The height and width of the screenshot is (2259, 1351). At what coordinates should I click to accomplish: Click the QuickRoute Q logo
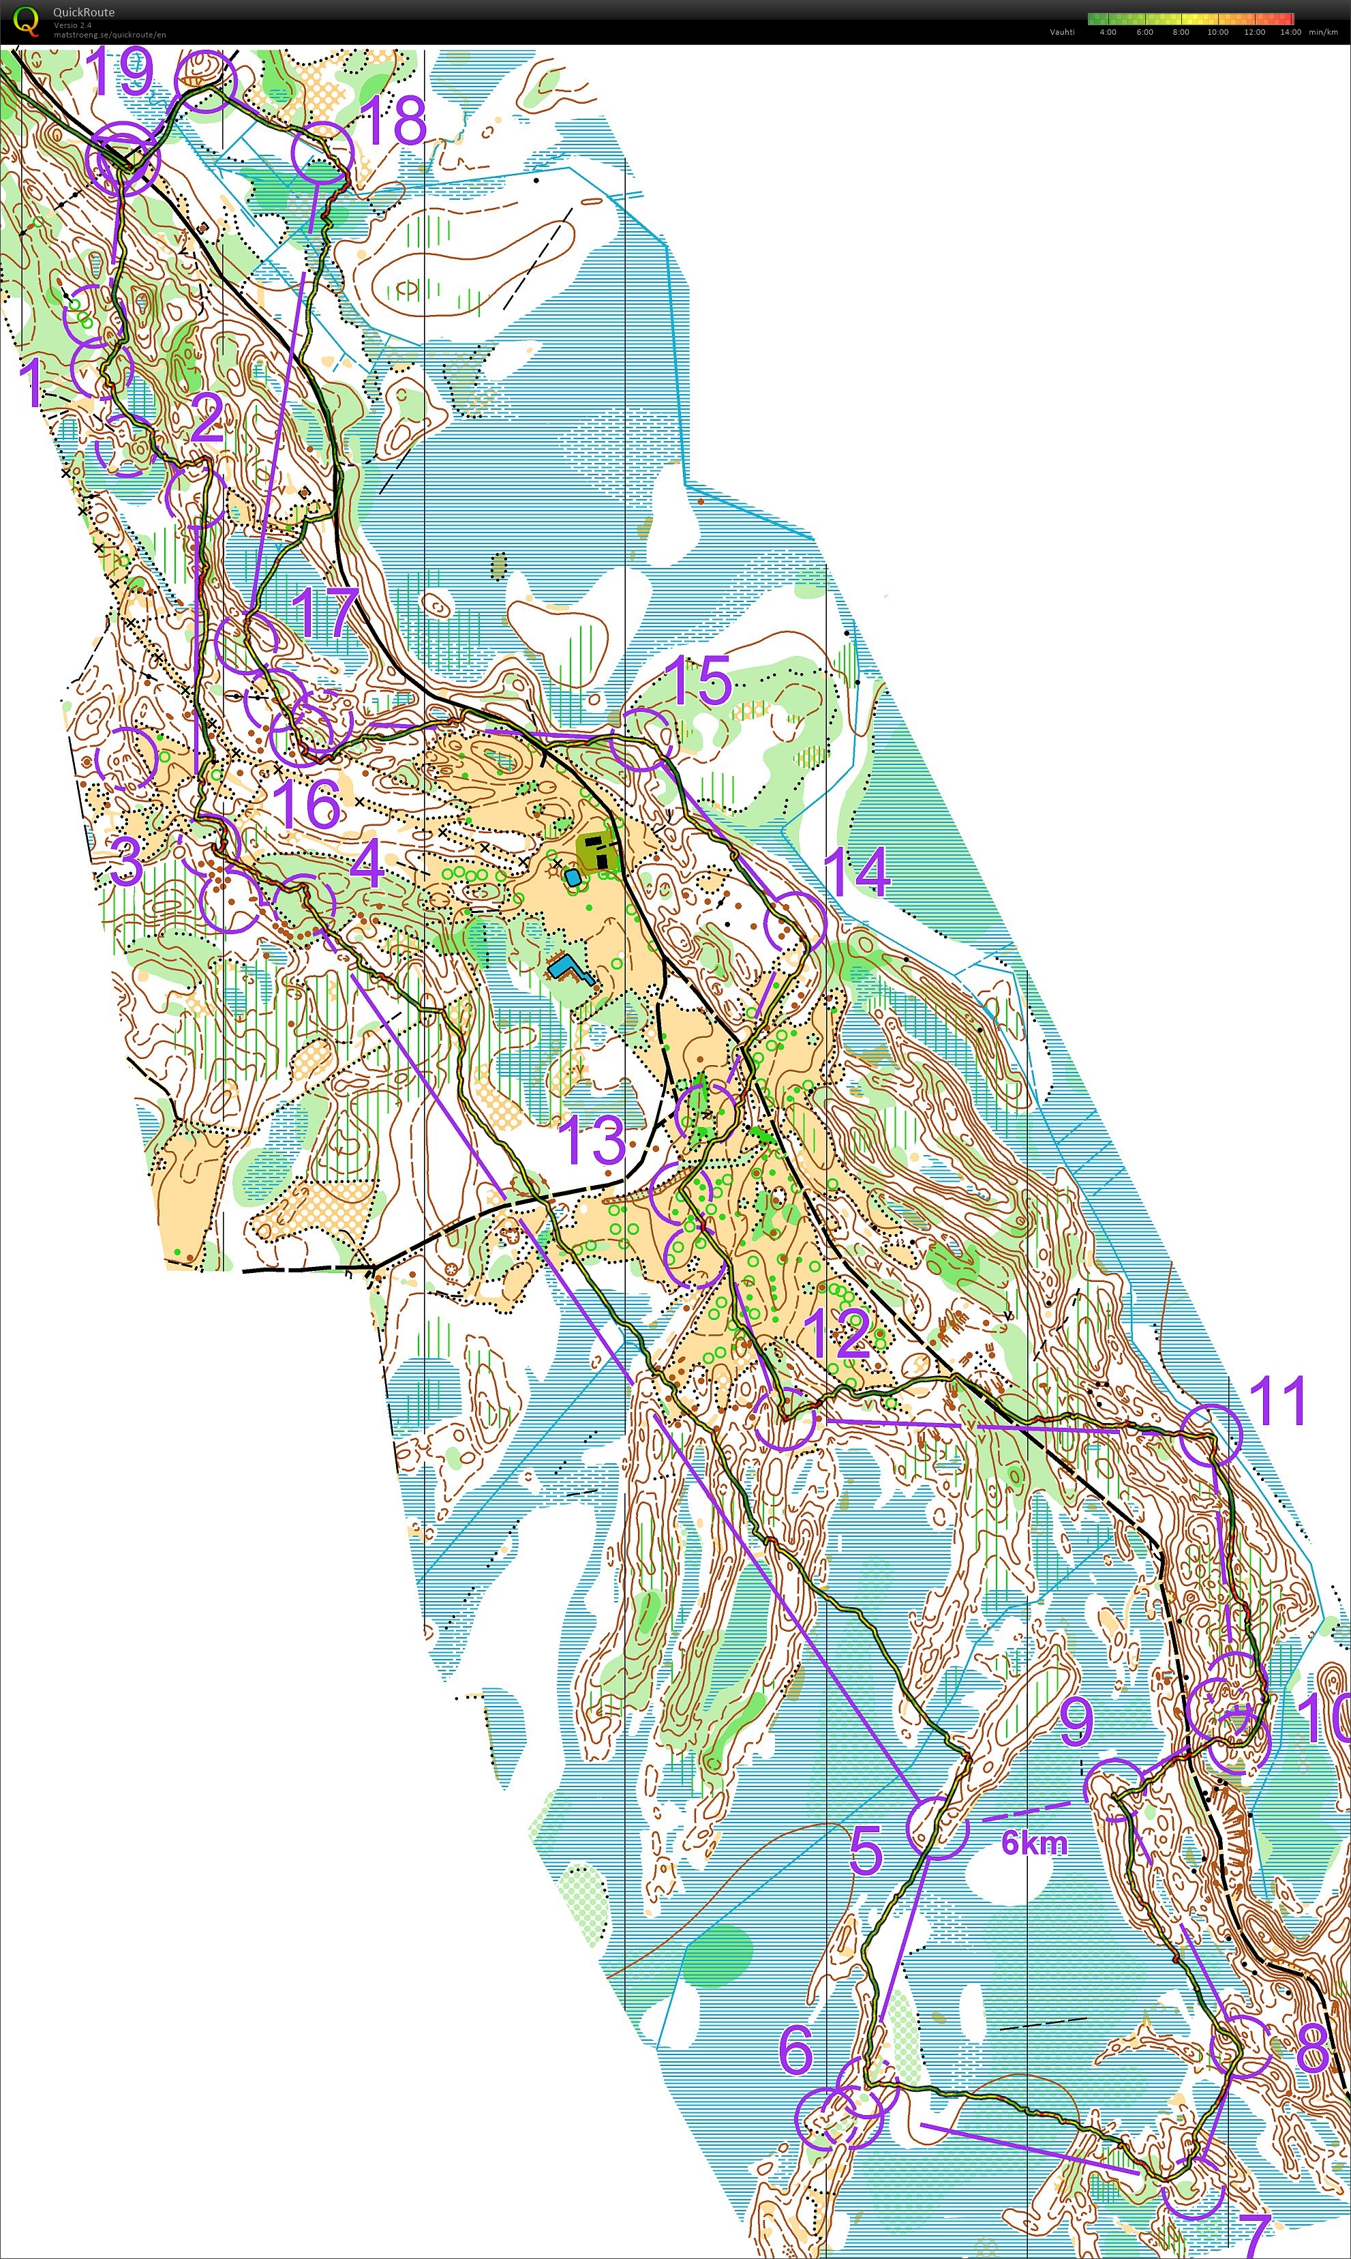[x=25, y=20]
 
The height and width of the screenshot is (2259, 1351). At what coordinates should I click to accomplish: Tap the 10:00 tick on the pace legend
[x=1217, y=32]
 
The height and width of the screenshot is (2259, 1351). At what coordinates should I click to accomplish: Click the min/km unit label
[x=1323, y=32]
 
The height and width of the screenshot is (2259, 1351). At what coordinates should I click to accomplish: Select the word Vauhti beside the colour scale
[x=1061, y=32]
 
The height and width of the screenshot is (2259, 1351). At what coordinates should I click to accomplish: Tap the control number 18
[x=393, y=120]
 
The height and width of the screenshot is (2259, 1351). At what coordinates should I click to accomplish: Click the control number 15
[x=698, y=680]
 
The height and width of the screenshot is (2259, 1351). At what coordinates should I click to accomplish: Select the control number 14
[x=855, y=871]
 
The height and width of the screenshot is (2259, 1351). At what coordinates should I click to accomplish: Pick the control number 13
[x=592, y=1141]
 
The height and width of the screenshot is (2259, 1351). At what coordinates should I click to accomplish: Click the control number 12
[x=838, y=1334]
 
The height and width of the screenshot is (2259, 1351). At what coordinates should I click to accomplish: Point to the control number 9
[x=1076, y=1722]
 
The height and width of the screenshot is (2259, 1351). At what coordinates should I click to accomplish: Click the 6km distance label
[x=1033, y=1843]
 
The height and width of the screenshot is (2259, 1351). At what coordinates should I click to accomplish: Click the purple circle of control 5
[x=937, y=1827]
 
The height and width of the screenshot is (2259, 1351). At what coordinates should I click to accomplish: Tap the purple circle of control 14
[x=795, y=921]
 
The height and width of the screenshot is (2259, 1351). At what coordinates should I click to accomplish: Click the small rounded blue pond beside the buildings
[x=573, y=878]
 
